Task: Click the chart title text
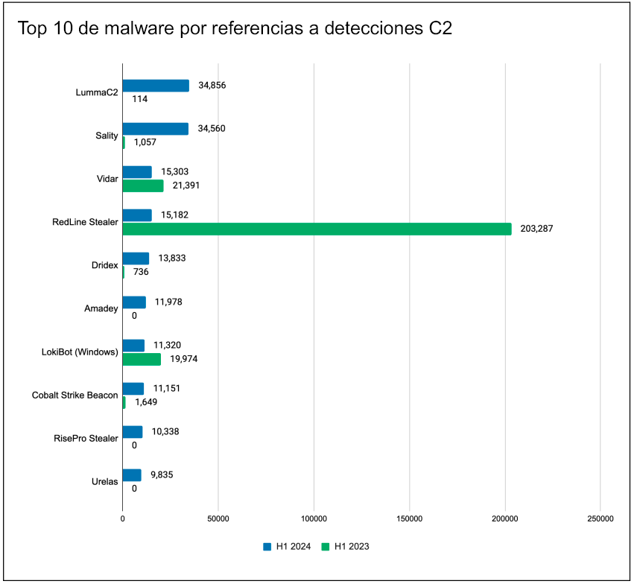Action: point(235,29)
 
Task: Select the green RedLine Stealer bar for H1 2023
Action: point(317,229)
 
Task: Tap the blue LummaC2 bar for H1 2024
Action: point(156,86)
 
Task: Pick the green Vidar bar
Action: point(143,185)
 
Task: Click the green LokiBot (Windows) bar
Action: point(142,359)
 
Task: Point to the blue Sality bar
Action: point(156,129)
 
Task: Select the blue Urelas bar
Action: point(132,475)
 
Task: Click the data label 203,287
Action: point(536,229)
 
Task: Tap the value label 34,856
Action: point(212,86)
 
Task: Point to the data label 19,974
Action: point(183,359)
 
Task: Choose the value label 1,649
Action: point(146,402)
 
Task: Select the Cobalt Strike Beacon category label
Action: point(75,395)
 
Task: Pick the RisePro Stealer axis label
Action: point(86,438)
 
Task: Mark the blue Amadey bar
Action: point(134,302)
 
